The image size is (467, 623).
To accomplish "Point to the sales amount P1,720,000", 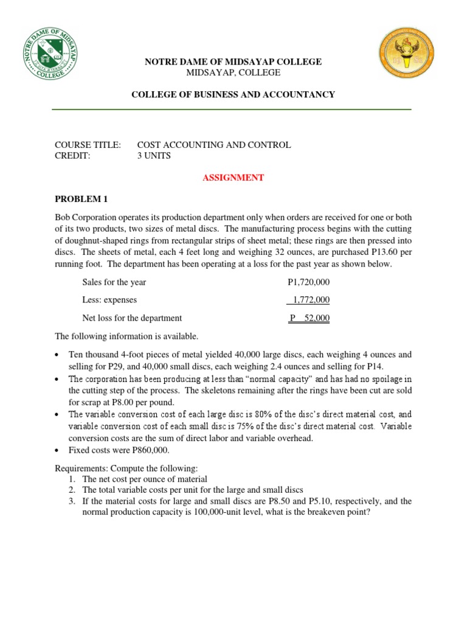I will point(309,282).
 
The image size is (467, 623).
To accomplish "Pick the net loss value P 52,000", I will point(310,318).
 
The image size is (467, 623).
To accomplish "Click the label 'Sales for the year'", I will point(114,282).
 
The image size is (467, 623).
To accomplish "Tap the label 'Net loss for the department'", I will point(132,318).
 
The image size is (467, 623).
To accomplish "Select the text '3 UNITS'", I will point(154,156).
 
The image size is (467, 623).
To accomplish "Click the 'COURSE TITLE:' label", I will point(88,145).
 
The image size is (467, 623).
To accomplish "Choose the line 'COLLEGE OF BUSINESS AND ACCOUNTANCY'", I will point(234,94).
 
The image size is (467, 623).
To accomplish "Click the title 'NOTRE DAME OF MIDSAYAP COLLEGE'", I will point(233,62).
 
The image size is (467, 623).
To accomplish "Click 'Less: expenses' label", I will point(109,300).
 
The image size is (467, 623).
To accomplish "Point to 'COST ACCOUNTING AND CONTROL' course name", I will point(214,145).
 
